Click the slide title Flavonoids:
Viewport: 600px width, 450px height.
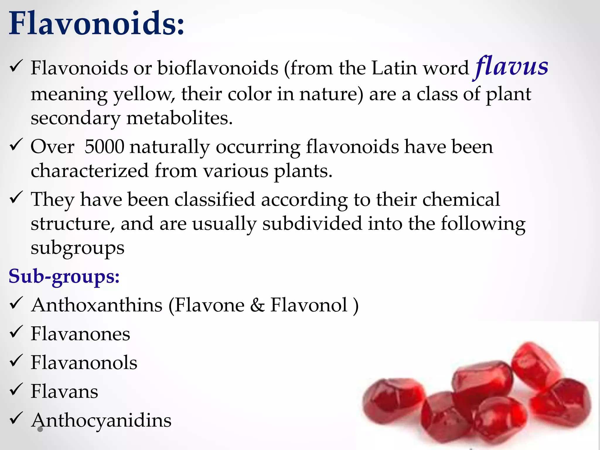97,23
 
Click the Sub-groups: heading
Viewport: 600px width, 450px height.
64,276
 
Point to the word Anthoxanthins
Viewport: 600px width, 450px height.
97,305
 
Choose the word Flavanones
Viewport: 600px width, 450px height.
80,334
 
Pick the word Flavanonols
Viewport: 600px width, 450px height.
84,362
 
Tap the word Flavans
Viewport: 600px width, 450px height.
64,391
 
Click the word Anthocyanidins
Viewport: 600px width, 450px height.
101,420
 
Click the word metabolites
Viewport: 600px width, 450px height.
179,118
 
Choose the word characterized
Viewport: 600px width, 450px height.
89,171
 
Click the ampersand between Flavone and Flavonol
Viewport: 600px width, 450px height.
257,305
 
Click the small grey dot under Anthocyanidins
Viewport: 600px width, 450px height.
40,429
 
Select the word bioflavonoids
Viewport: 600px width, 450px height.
218,68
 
